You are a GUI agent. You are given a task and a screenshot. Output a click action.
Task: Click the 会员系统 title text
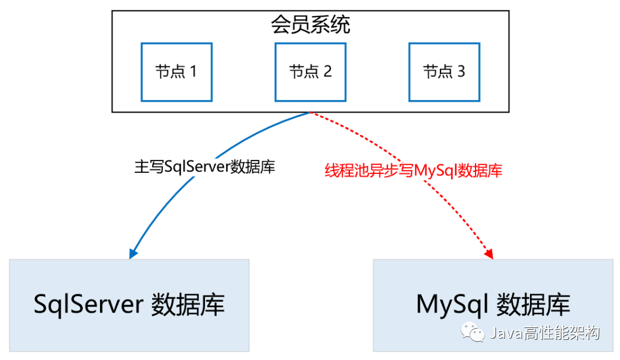(x=310, y=25)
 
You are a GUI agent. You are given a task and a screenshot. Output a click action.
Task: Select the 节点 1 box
(x=176, y=72)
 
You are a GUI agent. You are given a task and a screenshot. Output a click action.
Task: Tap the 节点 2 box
(x=310, y=72)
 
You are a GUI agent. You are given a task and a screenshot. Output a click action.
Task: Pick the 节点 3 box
(x=444, y=72)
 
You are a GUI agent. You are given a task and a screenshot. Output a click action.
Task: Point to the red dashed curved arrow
(x=438, y=178)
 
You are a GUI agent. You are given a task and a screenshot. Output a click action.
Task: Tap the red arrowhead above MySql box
(x=489, y=254)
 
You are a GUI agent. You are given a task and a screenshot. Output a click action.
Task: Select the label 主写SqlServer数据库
(x=205, y=167)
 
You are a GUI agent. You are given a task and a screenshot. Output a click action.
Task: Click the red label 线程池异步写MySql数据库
(x=413, y=171)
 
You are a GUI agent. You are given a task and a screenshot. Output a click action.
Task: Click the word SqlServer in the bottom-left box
(x=88, y=305)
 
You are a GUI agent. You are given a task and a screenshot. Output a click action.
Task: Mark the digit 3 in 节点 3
(x=461, y=72)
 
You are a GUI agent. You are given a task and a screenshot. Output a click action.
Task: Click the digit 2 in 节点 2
(x=327, y=72)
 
